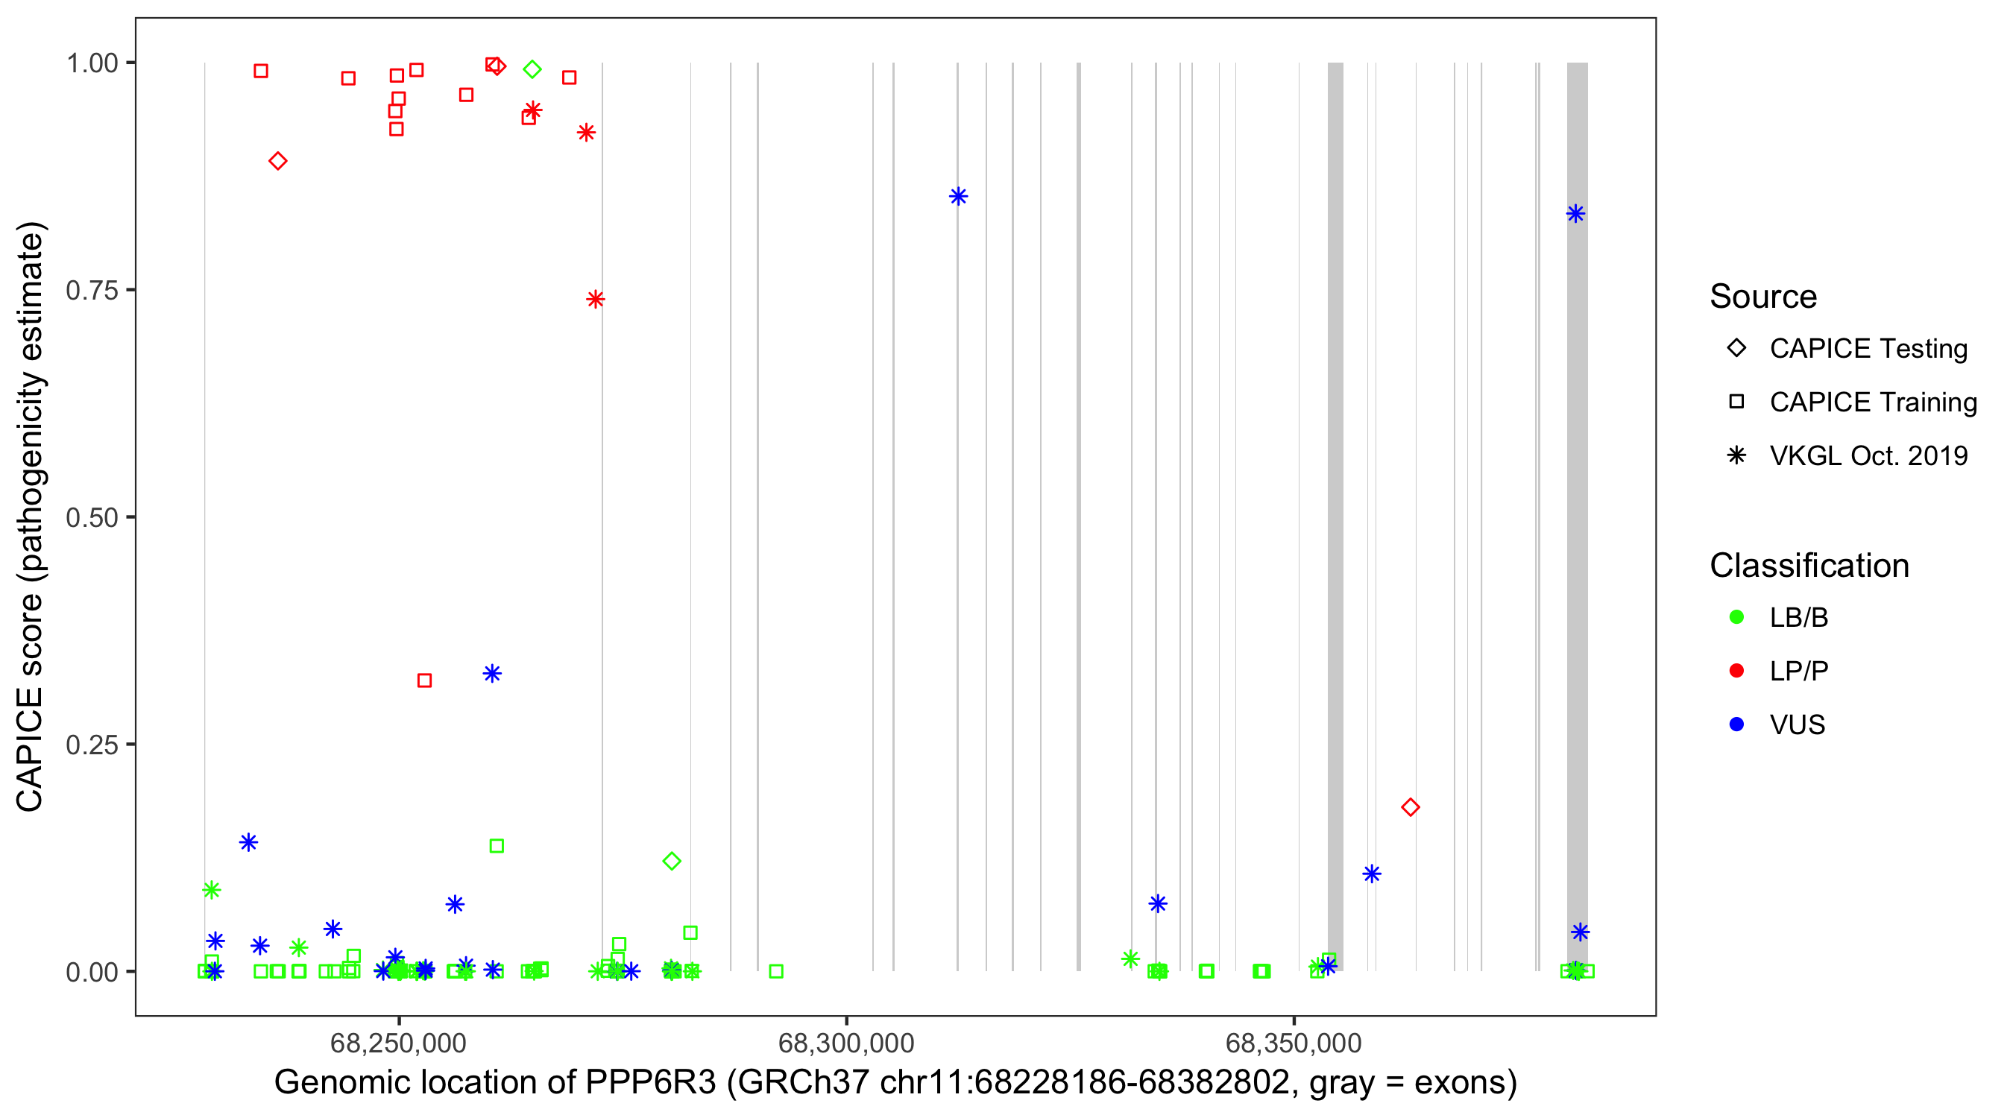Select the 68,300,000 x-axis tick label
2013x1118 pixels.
(x=846, y=1043)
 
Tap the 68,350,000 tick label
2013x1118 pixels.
(x=1294, y=1043)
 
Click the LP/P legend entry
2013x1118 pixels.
(x=1798, y=671)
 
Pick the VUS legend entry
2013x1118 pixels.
(x=1797, y=725)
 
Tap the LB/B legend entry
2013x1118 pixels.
(x=1798, y=618)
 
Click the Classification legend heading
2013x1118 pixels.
(x=1809, y=566)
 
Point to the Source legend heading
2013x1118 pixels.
(x=1763, y=297)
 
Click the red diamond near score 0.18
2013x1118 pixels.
(x=1411, y=807)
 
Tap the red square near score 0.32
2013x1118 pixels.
(x=424, y=680)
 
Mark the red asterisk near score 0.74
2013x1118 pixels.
(x=596, y=299)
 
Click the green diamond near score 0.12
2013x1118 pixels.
(x=672, y=861)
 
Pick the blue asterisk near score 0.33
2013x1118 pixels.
(x=491, y=674)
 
